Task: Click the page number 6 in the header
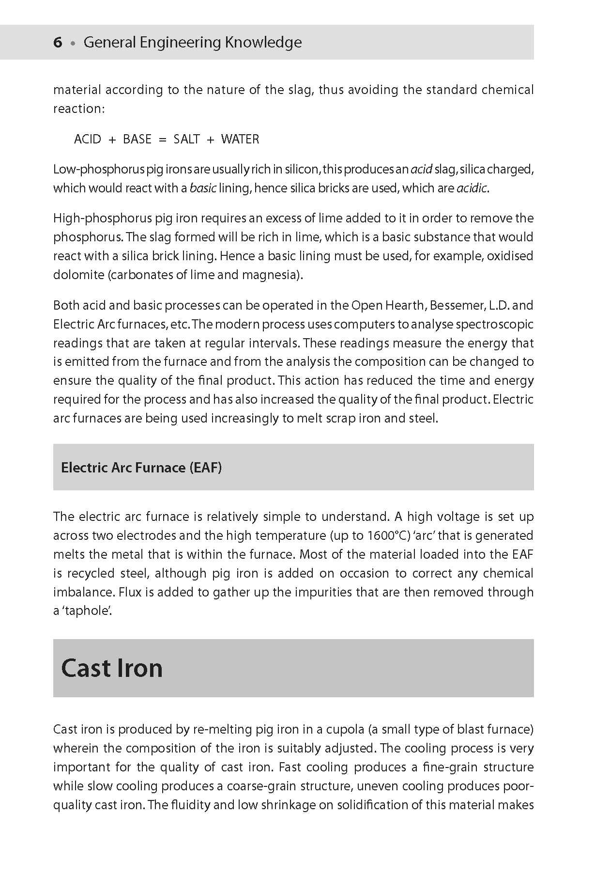pyautogui.click(x=58, y=43)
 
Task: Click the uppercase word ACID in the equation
pyautogui.click(x=88, y=140)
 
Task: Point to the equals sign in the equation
pyautogui.click(x=163, y=140)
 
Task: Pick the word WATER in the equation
pyautogui.click(x=240, y=140)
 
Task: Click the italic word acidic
pyautogui.click(x=472, y=188)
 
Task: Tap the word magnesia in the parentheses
pyautogui.click(x=270, y=275)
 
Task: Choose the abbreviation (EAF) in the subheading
pyautogui.click(x=206, y=468)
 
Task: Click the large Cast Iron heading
pyautogui.click(x=112, y=668)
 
